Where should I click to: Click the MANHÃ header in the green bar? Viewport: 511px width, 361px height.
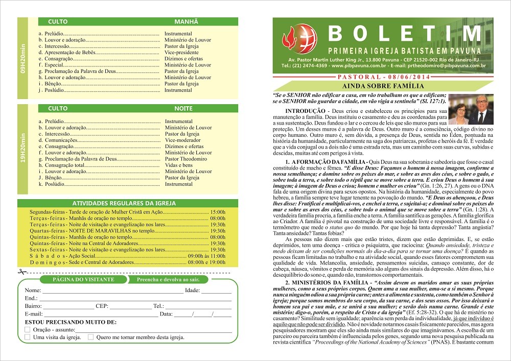185,22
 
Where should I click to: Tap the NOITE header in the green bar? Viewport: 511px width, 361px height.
183,109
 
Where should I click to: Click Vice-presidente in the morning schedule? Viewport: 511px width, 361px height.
181,52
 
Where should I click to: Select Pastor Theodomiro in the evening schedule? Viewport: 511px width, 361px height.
186,159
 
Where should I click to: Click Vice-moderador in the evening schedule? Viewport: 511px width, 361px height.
182,140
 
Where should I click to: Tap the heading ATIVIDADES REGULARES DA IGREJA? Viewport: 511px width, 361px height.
122,203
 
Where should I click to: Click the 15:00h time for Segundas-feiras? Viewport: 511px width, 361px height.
218,211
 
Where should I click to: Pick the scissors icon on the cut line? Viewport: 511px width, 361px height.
20,272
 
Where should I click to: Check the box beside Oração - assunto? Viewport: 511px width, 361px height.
28,330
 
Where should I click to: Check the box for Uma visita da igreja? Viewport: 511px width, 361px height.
28,337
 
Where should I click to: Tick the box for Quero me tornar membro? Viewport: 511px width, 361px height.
90,337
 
